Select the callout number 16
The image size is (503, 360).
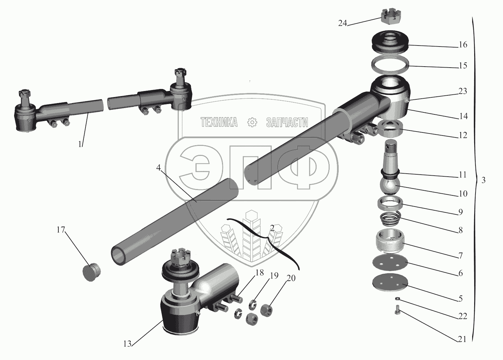click(x=462, y=44)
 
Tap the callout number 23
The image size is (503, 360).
click(x=462, y=91)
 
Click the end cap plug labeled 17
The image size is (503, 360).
click(x=91, y=272)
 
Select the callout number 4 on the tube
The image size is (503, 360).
click(x=159, y=167)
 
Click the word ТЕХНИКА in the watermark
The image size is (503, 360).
click(x=219, y=122)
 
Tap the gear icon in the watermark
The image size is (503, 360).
click(x=252, y=122)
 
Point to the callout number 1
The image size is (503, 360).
click(x=80, y=144)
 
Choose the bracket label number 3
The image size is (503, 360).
click(x=484, y=180)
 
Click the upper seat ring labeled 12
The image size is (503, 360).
click(x=390, y=128)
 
